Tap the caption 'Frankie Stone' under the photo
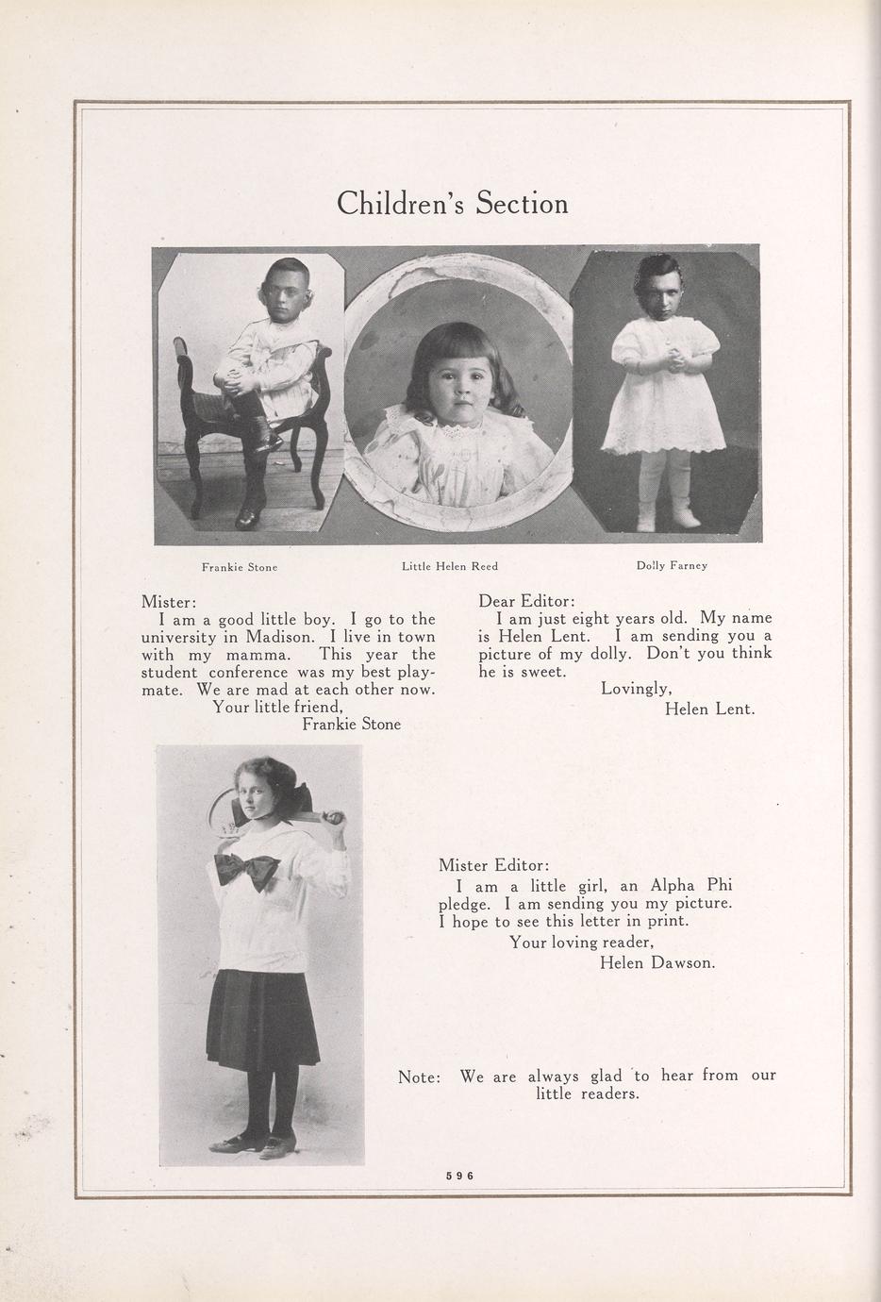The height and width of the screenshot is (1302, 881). click(x=239, y=567)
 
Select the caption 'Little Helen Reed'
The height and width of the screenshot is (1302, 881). click(x=450, y=566)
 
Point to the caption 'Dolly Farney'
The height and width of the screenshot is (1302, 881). click(x=672, y=566)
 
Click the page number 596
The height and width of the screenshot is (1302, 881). click(x=459, y=1176)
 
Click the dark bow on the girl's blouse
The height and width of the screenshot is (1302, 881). click(x=246, y=868)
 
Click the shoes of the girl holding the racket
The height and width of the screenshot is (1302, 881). click(x=251, y=1144)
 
